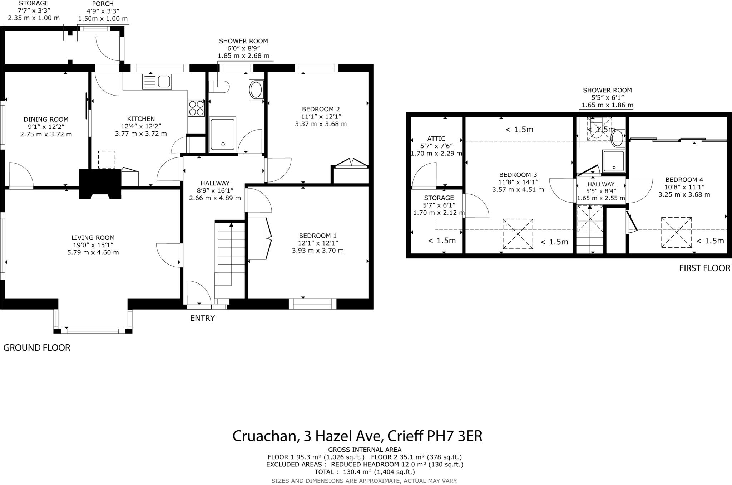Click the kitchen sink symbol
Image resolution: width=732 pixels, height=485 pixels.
[x=157, y=82]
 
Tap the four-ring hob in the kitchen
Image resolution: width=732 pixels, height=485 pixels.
[x=196, y=108]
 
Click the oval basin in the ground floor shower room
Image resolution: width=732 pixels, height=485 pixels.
[x=256, y=90]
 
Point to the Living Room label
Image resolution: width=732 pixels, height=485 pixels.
[x=93, y=238]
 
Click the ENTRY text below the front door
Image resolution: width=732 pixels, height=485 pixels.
[x=202, y=318]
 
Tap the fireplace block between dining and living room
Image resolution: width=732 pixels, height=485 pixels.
[x=100, y=184]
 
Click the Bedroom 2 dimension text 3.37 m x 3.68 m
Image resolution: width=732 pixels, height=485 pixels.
[x=321, y=124]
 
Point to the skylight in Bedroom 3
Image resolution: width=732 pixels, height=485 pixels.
[x=518, y=234]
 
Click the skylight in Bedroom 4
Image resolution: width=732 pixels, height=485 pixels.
[x=676, y=232]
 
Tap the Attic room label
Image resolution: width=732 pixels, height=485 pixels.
[x=436, y=139]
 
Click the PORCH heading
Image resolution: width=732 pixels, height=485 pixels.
[x=103, y=4]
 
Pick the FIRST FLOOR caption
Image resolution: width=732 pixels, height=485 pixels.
[x=704, y=268]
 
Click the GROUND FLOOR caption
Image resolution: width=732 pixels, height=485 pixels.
[x=37, y=348]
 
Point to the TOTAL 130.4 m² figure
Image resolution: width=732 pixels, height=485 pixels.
[x=364, y=472]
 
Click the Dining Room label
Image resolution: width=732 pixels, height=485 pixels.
[x=46, y=120]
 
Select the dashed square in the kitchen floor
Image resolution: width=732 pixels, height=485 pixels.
[x=107, y=160]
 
